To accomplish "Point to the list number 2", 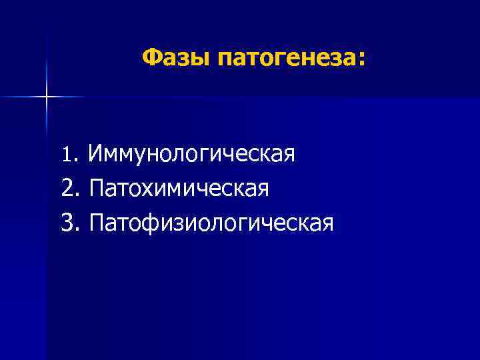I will pos(66,189).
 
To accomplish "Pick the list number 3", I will pos(66,221).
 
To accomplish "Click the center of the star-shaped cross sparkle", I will pos(47,97).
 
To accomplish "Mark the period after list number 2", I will pos(75,195).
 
